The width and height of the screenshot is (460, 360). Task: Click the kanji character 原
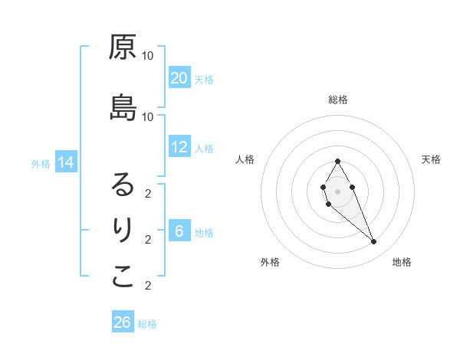click(x=123, y=47)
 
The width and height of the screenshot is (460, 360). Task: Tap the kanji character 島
click(x=123, y=108)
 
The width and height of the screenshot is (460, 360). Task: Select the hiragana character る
click(x=123, y=185)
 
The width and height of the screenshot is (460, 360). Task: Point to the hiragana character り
click(x=123, y=230)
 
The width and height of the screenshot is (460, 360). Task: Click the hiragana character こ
click(x=123, y=277)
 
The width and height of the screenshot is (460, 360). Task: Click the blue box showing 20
click(x=179, y=78)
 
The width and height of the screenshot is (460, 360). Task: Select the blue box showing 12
click(x=179, y=147)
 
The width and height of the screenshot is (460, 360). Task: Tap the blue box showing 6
click(x=179, y=231)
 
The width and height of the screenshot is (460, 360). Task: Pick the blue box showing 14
click(x=66, y=162)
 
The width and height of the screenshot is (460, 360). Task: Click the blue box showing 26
click(x=123, y=322)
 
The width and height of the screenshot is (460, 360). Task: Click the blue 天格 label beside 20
click(x=203, y=79)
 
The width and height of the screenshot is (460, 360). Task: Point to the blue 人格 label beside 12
click(x=203, y=148)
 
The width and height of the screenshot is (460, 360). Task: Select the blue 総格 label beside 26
click(x=147, y=324)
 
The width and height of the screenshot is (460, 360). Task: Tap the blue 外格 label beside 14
click(x=41, y=163)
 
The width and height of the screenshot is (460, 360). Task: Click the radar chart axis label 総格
click(x=338, y=100)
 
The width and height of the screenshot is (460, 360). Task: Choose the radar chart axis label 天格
click(x=431, y=159)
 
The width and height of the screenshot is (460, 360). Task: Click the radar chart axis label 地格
click(x=402, y=262)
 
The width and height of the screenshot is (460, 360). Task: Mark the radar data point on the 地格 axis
click(x=373, y=242)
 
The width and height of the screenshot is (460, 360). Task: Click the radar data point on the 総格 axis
click(x=338, y=162)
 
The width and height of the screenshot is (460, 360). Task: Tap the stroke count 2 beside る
click(x=148, y=193)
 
